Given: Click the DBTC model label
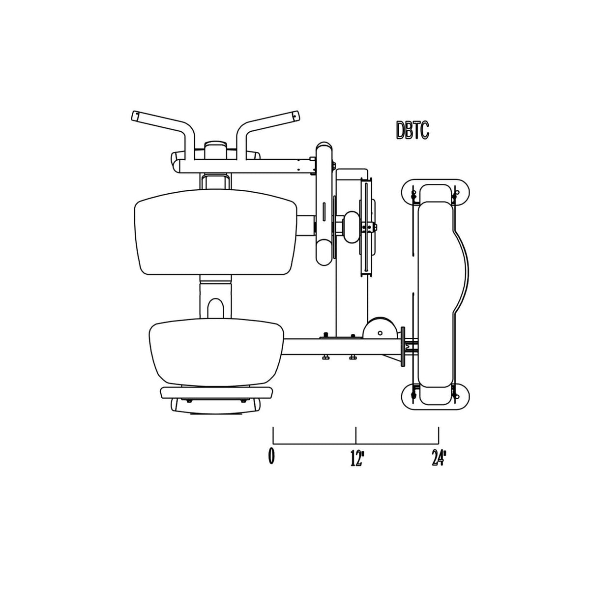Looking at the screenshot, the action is (x=413, y=130).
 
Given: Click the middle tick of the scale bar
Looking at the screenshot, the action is (x=356, y=435).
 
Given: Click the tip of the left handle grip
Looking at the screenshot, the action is (x=134, y=116).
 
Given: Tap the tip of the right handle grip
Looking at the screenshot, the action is (x=296, y=116).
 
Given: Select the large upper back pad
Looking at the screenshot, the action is (x=215, y=232).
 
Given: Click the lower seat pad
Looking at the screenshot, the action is (x=216, y=352).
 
